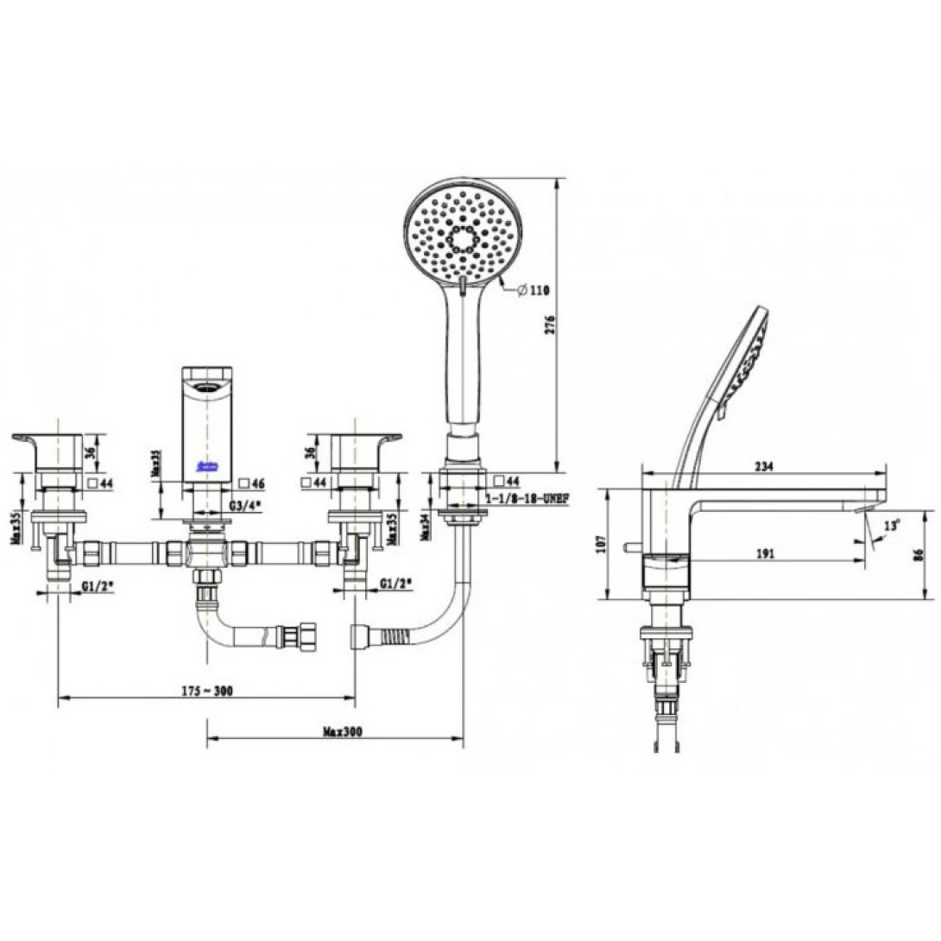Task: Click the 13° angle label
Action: coord(892,524)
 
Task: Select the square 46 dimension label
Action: coord(255,483)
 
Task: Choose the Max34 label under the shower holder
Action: coord(425,522)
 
